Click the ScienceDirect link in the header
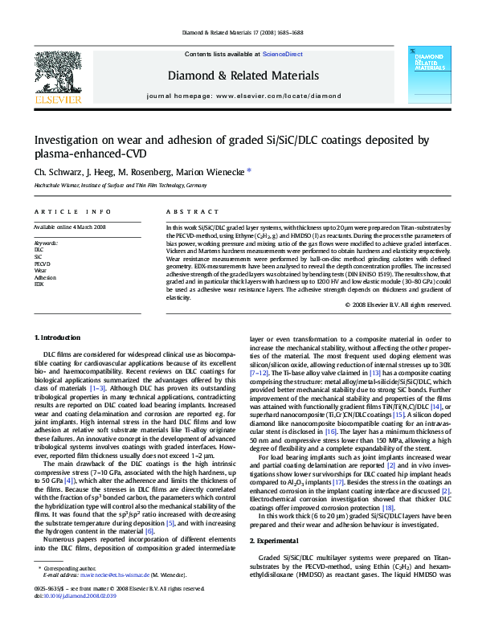[x=283, y=53]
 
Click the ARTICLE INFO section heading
[x=72, y=211]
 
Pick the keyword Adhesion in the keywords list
[x=45, y=277]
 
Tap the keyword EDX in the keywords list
[x=39, y=284]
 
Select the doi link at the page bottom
[x=78, y=620]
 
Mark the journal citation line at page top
[x=239, y=33]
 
